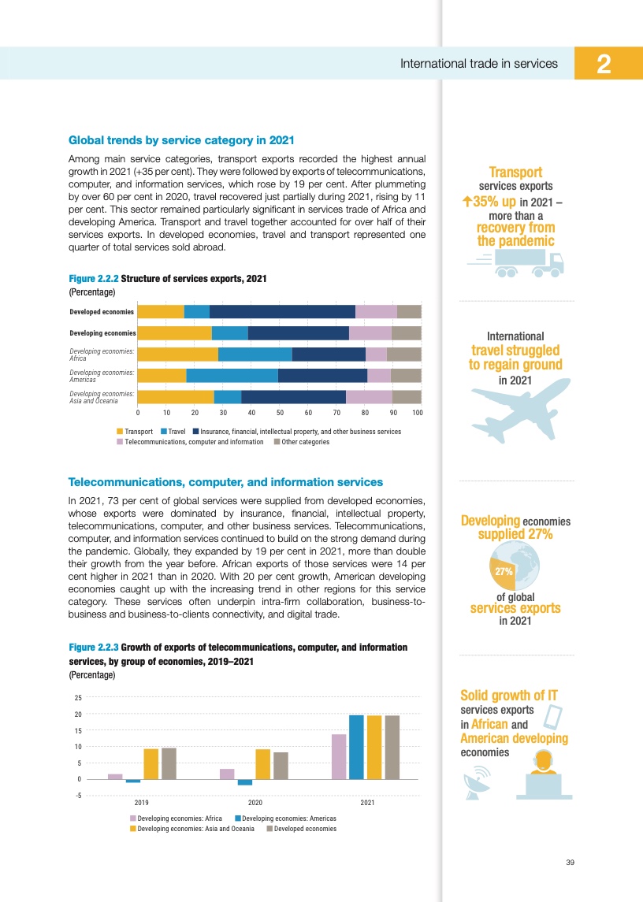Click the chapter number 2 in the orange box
pyautogui.click(x=605, y=63)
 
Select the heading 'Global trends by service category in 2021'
pyautogui.click(x=181, y=140)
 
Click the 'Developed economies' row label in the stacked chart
pyautogui.click(x=102, y=311)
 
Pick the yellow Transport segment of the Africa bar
pyautogui.click(x=177, y=354)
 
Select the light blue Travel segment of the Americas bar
pyautogui.click(x=232, y=375)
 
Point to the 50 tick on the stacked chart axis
pyautogui.click(x=279, y=413)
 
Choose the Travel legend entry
pyautogui.click(x=173, y=432)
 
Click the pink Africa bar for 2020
pyautogui.click(x=227, y=774)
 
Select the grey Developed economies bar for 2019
pyautogui.click(x=169, y=763)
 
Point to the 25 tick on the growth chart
pyautogui.click(x=78, y=698)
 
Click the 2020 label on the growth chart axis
pyautogui.click(x=255, y=803)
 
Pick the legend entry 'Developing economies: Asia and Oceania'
pyautogui.click(x=191, y=829)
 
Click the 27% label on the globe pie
pyautogui.click(x=504, y=571)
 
